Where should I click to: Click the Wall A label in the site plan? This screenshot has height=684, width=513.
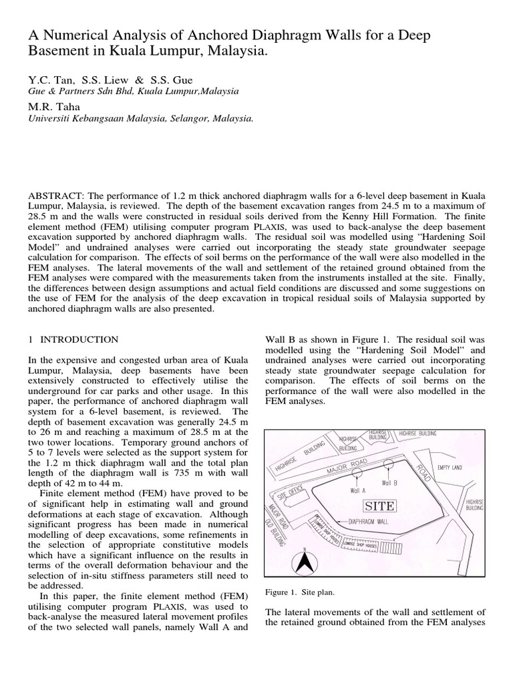pyautogui.click(x=358, y=489)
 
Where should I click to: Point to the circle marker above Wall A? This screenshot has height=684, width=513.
pyautogui.click(x=358, y=471)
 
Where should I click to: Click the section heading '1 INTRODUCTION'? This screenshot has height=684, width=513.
pyautogui.click(x=73, y=340)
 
